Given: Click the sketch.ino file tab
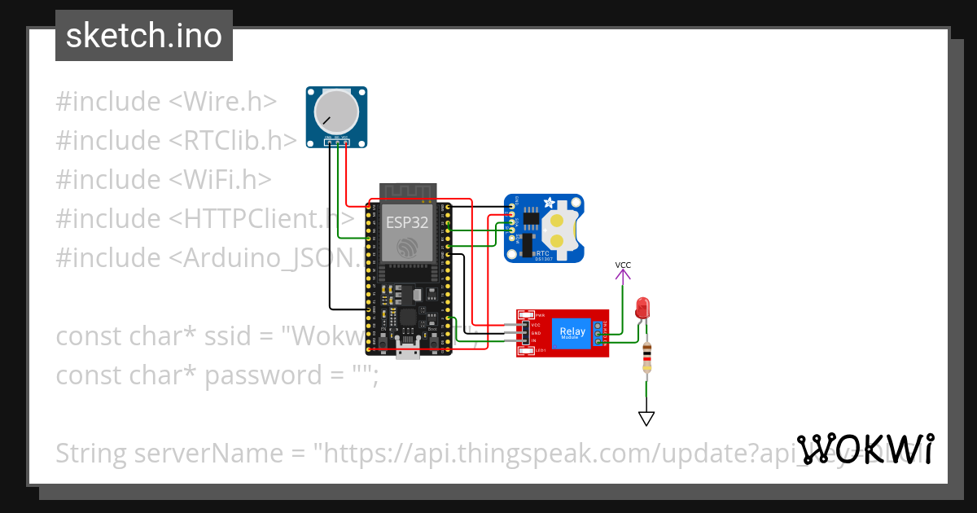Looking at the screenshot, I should click(x=143, y=36).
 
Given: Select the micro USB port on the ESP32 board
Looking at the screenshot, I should click(x=408, y=351).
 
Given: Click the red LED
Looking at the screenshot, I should click(x=642, y=308).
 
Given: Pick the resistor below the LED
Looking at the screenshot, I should click(x=646, y=357).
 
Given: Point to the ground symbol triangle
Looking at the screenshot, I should click(x=646, y=419).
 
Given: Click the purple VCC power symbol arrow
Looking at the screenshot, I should click(x=623, y=275).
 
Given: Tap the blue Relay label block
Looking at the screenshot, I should click(x=572, y=332).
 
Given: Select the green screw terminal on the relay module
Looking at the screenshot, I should click(x=599, y=333).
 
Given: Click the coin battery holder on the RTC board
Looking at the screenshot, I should click(x=560, y=230).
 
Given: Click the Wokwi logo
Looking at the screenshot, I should click(x=865, y=449).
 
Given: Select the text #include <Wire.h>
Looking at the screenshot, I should click(x=166, y=102).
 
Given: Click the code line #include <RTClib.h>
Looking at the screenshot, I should click(x=176, y=141).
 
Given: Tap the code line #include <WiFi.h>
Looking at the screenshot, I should click(x=164, y=180).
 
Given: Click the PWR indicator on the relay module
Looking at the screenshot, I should click(x=526, y=314).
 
